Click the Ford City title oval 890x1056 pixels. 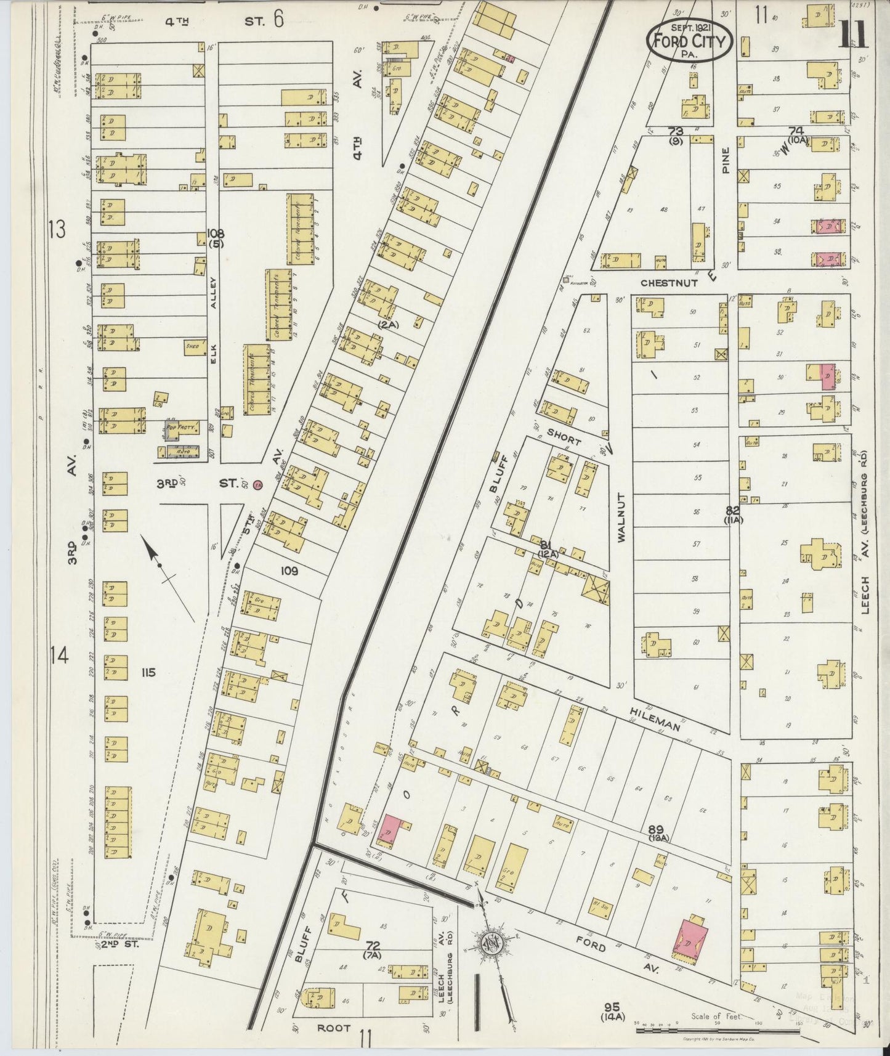(689, 42)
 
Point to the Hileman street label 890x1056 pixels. (654, 718)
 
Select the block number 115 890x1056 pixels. (147, 672)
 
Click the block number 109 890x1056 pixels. (289, 571)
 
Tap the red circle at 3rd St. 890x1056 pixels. (257, 484)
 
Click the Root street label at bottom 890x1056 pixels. (334, 1028)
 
